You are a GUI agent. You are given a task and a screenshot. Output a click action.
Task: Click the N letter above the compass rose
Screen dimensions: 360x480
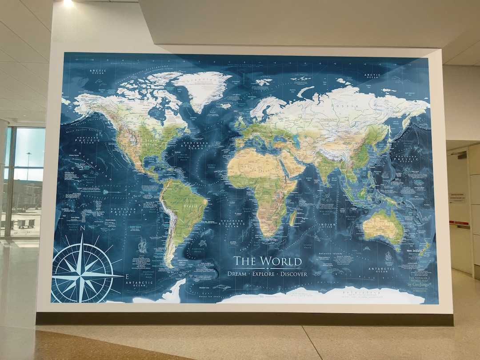click(81, 232)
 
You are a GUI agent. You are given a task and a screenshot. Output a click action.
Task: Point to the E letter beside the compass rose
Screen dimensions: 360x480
click(127, 276)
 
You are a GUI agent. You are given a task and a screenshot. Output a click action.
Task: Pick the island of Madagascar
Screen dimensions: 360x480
click(293, 217)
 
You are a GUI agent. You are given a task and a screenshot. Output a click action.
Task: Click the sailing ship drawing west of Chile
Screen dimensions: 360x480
click(142, 244)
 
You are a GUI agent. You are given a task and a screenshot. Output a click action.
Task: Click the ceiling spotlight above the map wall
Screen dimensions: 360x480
click(68, 3)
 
